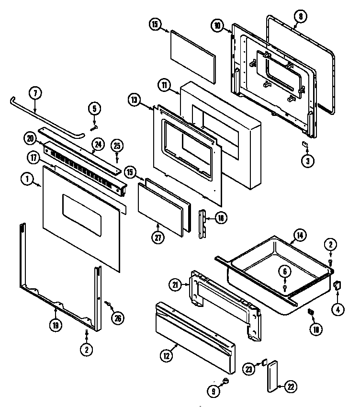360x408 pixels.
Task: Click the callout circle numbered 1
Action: [27, 180]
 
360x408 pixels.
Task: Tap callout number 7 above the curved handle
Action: [34, 93]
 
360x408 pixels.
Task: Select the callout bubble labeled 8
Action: [301, 16]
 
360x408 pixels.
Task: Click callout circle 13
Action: [135, 100]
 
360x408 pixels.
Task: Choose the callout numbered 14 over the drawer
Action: [299, 235]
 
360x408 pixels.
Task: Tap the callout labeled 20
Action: [30, 139]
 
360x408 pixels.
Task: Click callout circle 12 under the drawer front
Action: [166, 356]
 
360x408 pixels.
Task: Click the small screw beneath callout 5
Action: [95, 127]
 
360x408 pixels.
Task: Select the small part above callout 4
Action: [337, 285]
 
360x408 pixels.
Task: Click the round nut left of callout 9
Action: [225, 381]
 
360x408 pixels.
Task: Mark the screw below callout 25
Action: [117, 159]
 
